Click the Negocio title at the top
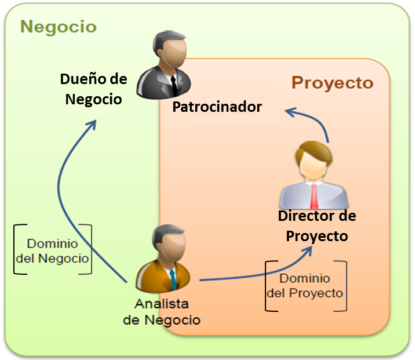click(x=59, y=27)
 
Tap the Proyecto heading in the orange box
click(x=332, y=83)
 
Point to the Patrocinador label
click(x=217, y=107)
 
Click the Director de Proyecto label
click(x=317, y=226)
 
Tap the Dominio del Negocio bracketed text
click(x=53, y=250)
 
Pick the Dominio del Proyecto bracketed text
click(x=305, y=286)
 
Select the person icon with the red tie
click(x=314, y=177)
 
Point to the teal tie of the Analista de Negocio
click(x=172, y=281)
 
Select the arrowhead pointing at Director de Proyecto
click(x=310, y=249)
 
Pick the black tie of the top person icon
click(x=173, y=85)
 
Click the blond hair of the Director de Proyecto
click(x=313, y=151)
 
